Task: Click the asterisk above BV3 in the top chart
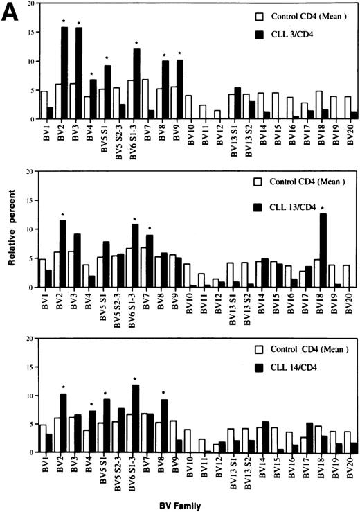pos(78,23)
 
